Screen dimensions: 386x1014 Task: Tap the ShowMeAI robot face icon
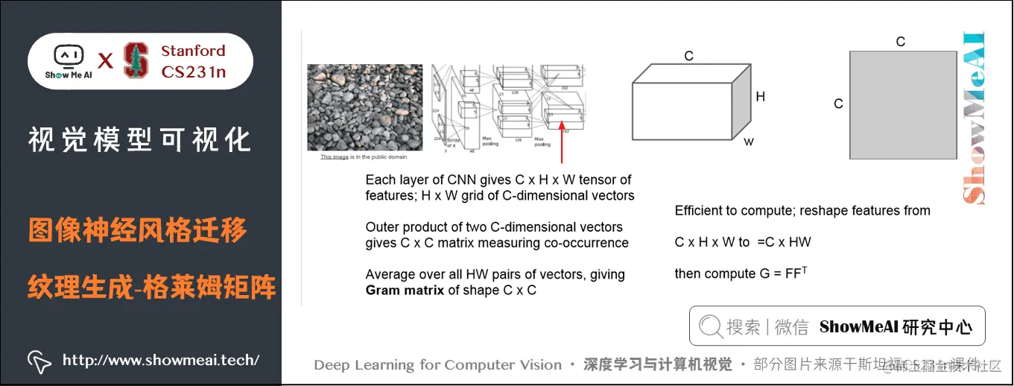pyautogui.click(x=68, y=56)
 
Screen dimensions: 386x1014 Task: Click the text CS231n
pyautogui.click(x=194, y=72)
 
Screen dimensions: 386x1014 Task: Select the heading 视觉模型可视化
pyautogui.click(x=139, y=139)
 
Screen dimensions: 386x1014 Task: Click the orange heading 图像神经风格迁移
pyautogui.click(x=138, y=231)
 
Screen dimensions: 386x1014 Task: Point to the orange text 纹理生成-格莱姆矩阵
pyautogui.click(x=152, y=285)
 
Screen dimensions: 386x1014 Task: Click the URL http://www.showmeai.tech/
pyautogui.click(x=161, y=361)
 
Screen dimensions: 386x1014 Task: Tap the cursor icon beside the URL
pyautogui.click(x=39, y=361)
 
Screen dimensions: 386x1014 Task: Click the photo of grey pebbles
pyautogui.click(x=364, y=107)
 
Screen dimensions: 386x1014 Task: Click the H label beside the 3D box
pyautogui.click(x=760, y=97)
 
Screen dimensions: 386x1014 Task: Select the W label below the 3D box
pyautogui.click(x=748, y=141)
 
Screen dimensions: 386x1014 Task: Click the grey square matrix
pyautogui.click(x=903, y=104)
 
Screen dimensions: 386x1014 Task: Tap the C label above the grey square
pyautogui.click(x=901, y=42)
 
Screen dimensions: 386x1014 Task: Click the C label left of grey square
pyautogui.click(x=838, y=104)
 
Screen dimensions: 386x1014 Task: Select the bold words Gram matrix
pyautogui.click(x=405, y=291)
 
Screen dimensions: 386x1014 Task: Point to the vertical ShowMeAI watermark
pyautogui.click(x=975, y=119)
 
